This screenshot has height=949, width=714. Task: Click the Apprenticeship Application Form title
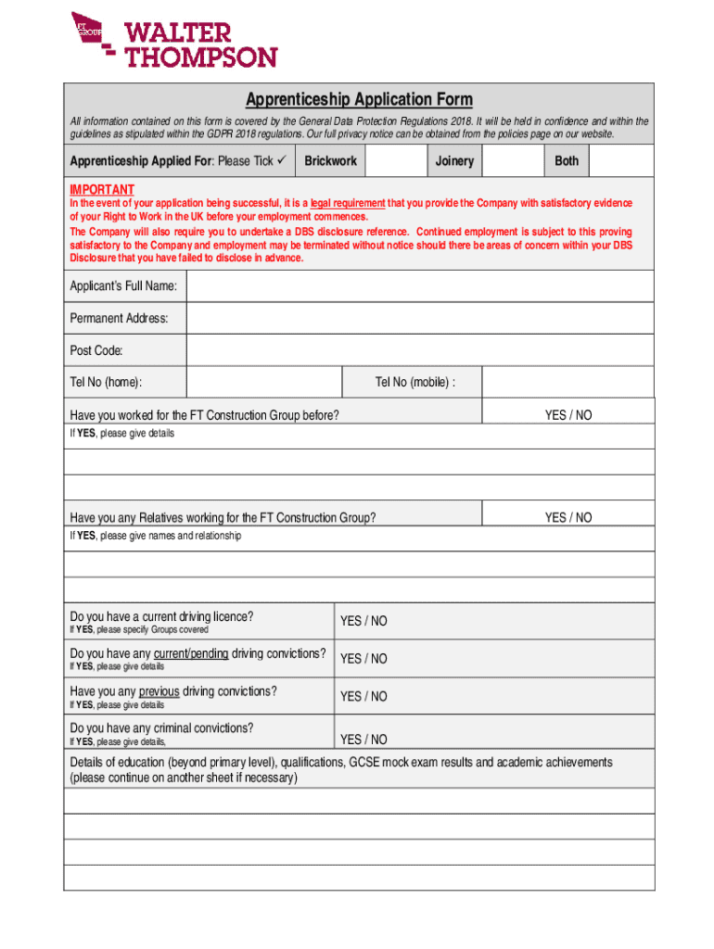pyautogui.click(x=359, y=99)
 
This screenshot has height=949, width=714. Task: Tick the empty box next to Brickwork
pyautogui.click(x=396, y=161)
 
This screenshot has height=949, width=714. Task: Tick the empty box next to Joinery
pyautogui.click(x=514, y=161)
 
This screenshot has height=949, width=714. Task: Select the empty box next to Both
pyautogui.click(x=621, y=161)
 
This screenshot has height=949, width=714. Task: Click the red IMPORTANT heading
pyautogui.click(x=102, y=190)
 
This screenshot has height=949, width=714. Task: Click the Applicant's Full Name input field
pyautogui.click(x=420, y=286)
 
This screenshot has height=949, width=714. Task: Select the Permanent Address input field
pyautogui.click(x=420, y=319)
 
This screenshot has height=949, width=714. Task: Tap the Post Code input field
pyautogui.click(x=420, y=350)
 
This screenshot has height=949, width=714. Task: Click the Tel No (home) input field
pyautogui.click(x=264, y=382)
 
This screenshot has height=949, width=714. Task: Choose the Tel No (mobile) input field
pyautogui.click(x=568, y=382)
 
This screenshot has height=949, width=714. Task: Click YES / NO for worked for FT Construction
pyautogui.click(x=567, y=415)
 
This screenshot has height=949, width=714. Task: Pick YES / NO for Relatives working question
pyautogui.click(x=567, y=517)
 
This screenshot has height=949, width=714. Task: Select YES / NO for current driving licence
pyautogui.click(x=363, y=621)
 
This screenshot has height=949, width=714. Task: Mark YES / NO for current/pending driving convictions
pyautogui.click(x=363, y=659)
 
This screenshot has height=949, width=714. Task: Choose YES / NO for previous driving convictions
pyautogui.click(x=363, y=696)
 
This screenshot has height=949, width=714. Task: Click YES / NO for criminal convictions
pyautogui.click(x=363, y=739)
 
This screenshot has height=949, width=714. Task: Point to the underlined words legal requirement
pyautogui.click(x=348, y=203)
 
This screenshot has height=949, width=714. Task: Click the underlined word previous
pyautogui.click(x=159, y=691)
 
